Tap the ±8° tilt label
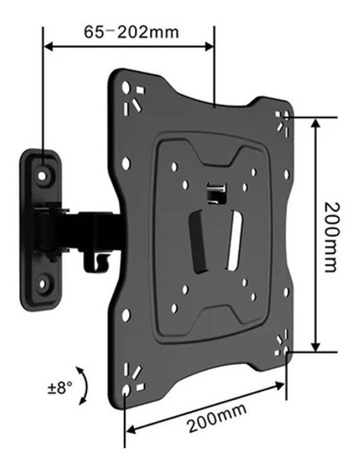[58, 389]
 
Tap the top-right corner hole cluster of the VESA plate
[282, 121]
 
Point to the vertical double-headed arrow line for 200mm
[316, 235]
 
